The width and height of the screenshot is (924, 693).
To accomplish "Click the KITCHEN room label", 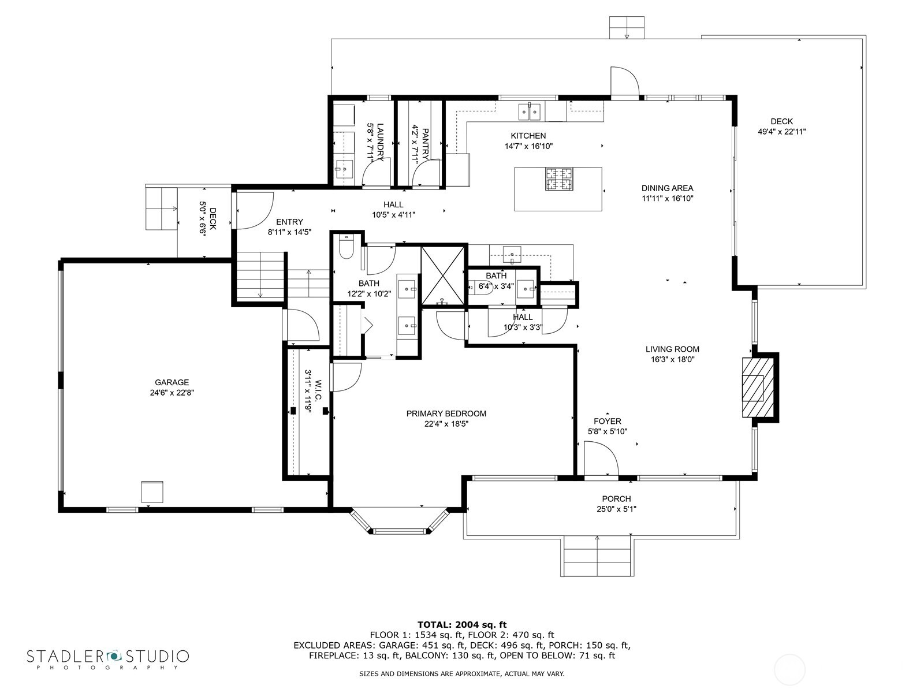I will [528, 136].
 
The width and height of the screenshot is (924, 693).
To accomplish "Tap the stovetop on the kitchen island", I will [558, 178].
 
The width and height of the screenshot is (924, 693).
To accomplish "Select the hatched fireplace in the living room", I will [757, 387].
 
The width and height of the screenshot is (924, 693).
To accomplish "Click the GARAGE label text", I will [172, 382].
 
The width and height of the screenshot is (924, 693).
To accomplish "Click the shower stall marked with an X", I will [443, 275].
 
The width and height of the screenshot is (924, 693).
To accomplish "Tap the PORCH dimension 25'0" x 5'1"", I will [616, 509].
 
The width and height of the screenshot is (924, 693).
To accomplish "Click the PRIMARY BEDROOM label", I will [446, 413].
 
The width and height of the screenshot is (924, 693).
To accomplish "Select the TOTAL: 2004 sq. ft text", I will [461, 624].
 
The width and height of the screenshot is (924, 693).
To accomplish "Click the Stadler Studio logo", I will [108, 658].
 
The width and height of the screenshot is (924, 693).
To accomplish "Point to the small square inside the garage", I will [152, 491].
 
